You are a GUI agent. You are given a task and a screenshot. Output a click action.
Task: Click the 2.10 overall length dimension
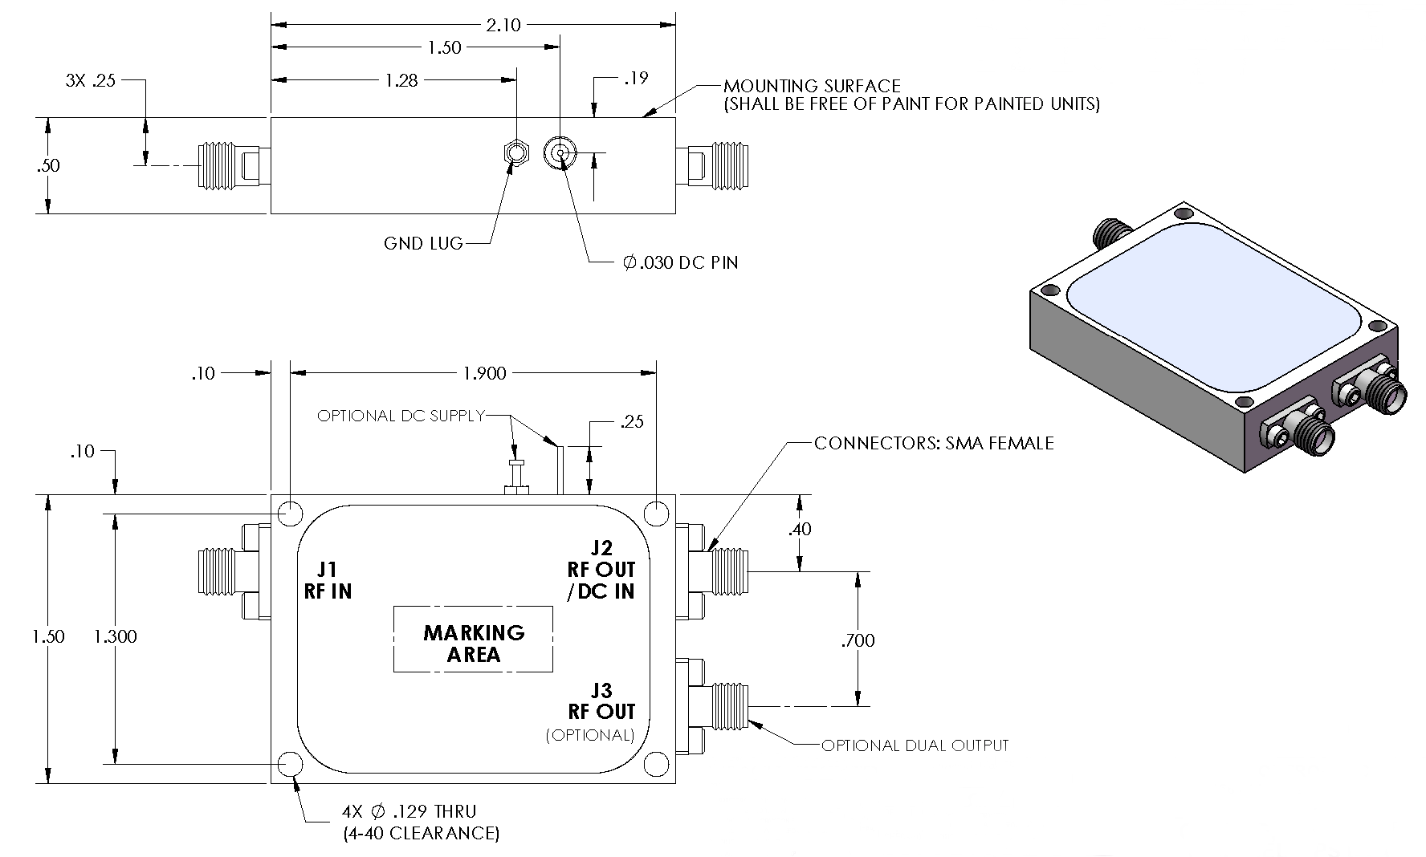(x=503, y=25)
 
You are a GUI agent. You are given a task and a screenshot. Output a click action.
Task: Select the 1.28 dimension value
(x=401, y=80)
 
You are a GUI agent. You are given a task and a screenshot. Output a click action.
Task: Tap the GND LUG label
(x=423, y=242)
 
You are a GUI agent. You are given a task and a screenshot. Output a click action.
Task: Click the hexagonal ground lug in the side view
(x=516, y=152)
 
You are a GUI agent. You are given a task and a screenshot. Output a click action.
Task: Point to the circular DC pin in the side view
(x=560, y=152)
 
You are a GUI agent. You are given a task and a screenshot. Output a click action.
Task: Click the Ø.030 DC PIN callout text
(x=680, y=262)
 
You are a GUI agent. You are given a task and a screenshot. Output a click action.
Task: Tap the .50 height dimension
(x=48, y=166)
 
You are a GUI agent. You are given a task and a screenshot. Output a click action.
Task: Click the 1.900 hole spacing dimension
(x=485, y=373)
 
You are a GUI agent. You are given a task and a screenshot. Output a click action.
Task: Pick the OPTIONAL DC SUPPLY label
(x=401, y=416)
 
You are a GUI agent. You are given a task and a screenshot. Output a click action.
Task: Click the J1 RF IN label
(x=328, y=580)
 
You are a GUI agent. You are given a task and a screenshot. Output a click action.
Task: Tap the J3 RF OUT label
(x=601, y=701)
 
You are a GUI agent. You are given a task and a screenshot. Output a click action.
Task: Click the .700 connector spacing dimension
(x=858, y=640)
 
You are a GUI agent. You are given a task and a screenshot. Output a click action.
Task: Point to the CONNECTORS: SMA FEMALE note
(x=933, y=443)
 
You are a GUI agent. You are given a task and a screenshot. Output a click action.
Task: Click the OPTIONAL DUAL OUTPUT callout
(x=915, y=745)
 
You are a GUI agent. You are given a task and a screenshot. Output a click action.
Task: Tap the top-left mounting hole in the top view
(x=290, y=512)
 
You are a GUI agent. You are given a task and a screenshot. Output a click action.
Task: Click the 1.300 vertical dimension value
(x=116, y=637)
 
